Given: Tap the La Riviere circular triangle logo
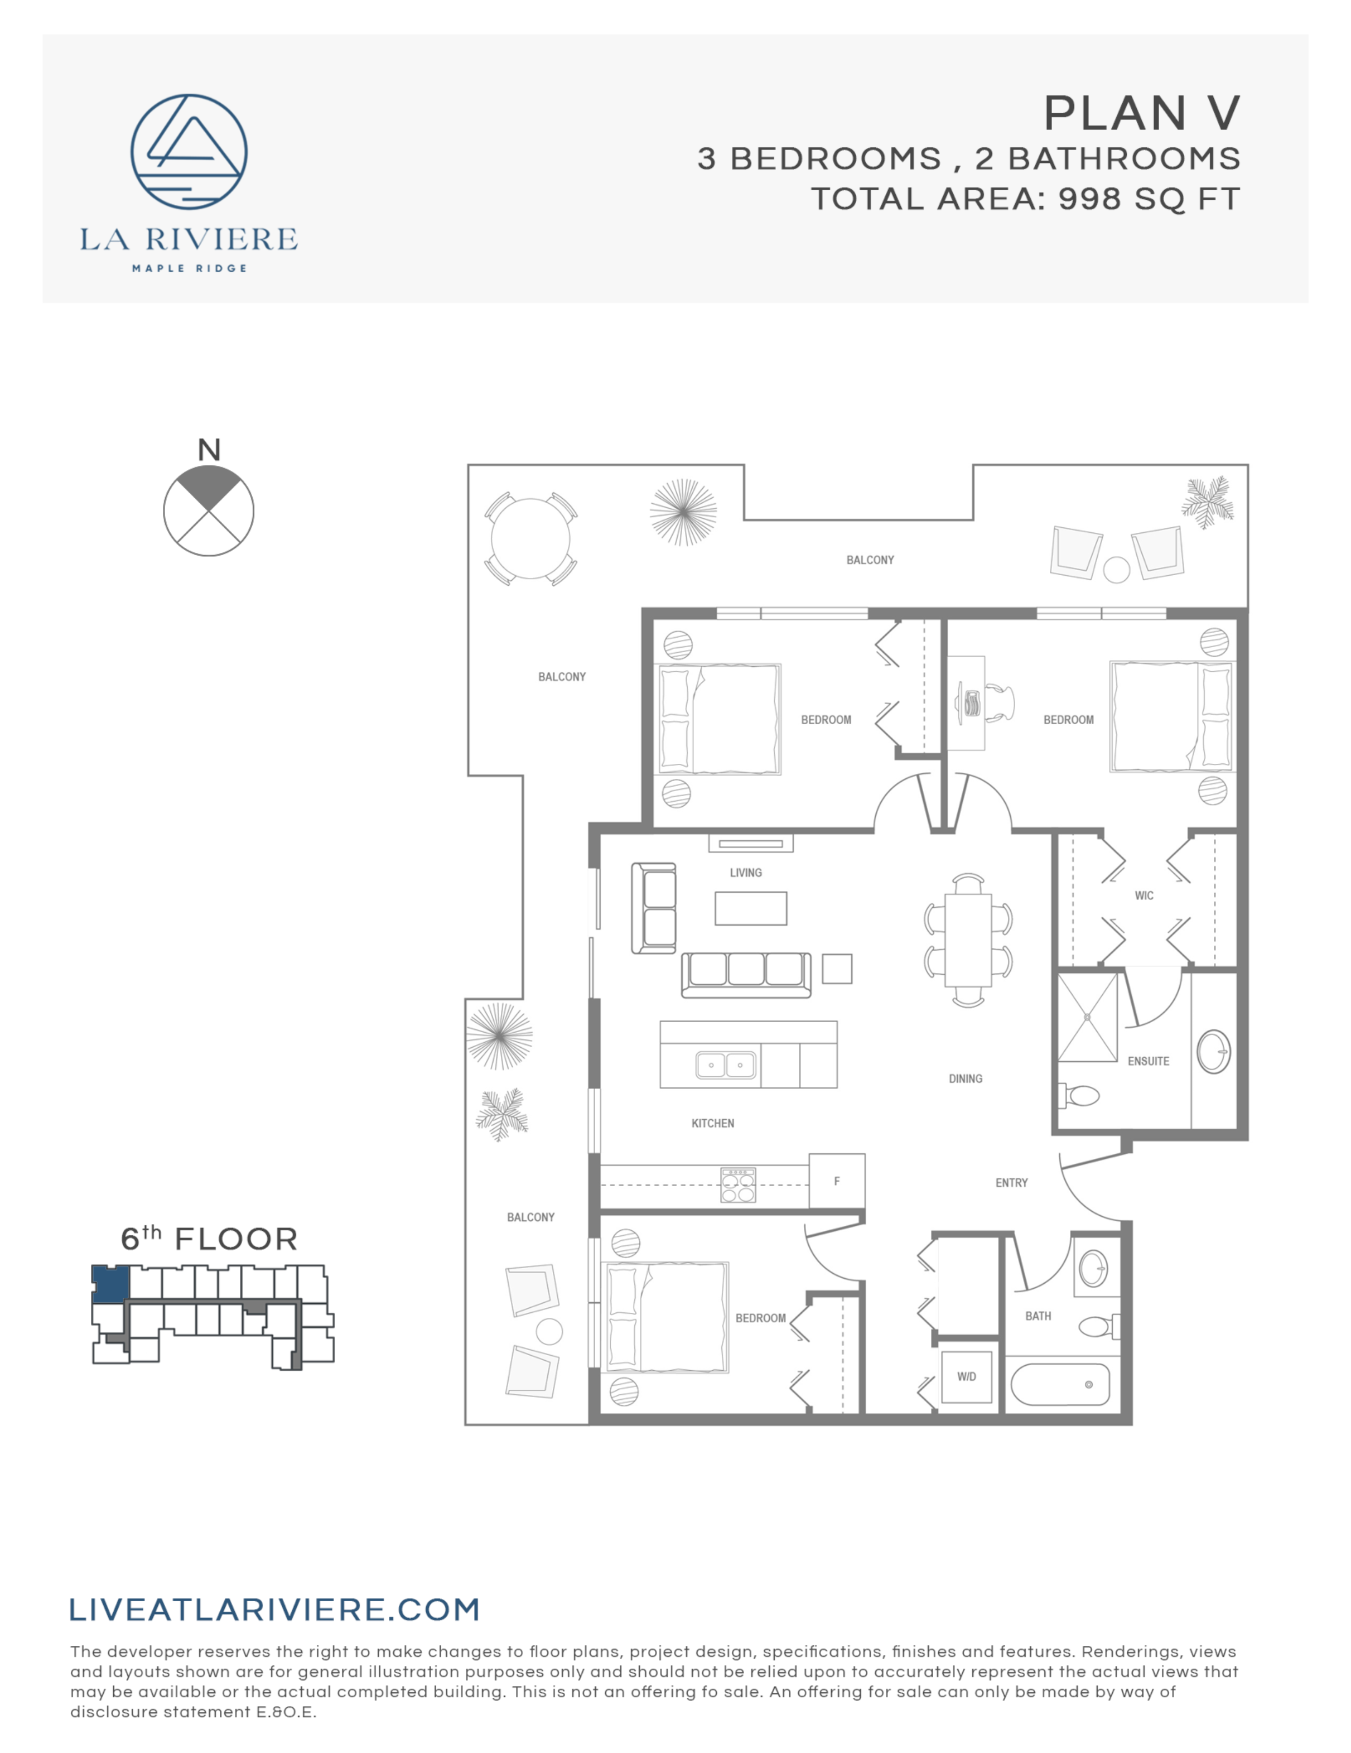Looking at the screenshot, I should click(189, 152).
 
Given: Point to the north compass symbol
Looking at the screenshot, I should click(209, 511).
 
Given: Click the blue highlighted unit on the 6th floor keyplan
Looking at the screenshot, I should click(110, 1283).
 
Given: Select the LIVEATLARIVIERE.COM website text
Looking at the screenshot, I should click(274, 1609).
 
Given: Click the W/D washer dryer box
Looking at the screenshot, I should click(966, 1376).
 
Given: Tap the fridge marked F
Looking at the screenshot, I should click(837, 1181).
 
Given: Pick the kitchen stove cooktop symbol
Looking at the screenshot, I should click(738, 1184).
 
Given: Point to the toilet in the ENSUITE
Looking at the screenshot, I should click(1080, 1095).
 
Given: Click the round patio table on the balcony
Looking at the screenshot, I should click(530, 538).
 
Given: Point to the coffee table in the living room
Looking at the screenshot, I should click(751, 909).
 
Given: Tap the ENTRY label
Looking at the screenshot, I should click(1011, 1183).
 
